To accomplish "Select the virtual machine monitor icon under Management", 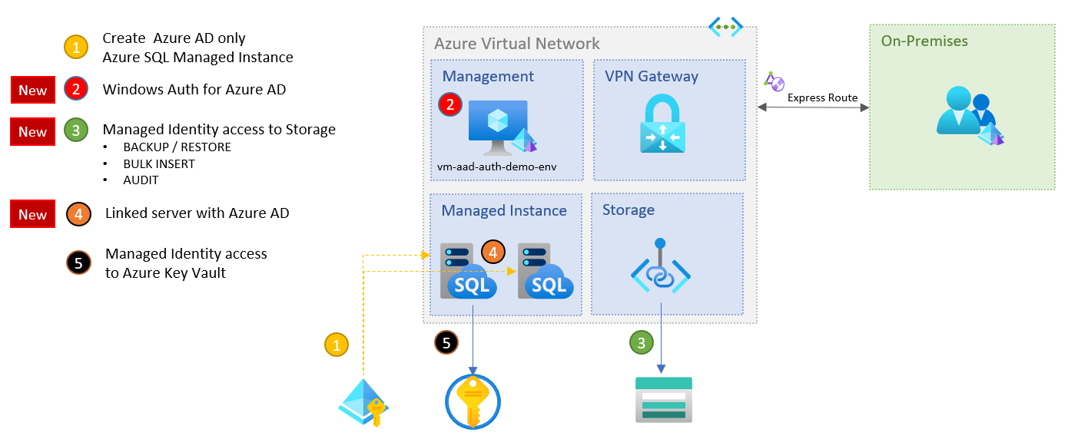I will pos(498,126).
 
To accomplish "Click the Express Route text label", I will pos(821,97).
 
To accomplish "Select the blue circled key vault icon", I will pos(473,401).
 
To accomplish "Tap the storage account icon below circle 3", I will pos(664,399).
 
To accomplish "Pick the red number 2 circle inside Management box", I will pos(450,105).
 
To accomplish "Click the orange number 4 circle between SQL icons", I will pos(493,252).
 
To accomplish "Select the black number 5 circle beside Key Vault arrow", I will pos(446,342).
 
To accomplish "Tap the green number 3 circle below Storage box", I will pos(642,342).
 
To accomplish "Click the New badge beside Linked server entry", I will pos(33,214).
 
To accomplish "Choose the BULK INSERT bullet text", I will pos(159,163).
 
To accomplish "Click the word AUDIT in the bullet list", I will pos(141,180).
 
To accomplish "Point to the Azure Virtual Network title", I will pos(517,44).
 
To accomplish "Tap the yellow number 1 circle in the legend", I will pos(75,48).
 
